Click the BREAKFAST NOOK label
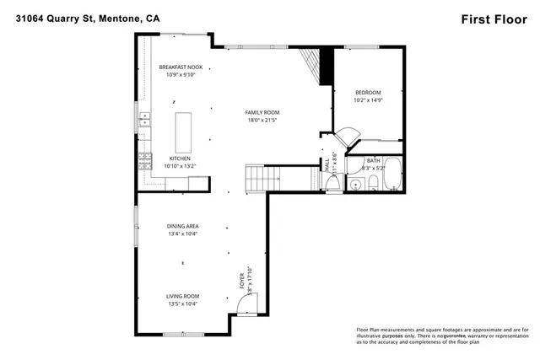[x=181, y=67]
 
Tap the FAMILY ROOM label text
[x=262, y=112]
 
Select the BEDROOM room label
[x=368, y=92]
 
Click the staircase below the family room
[x=261, y=178]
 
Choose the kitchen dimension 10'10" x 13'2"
[x=180, y=166]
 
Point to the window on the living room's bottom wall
[x=183, y=335]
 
